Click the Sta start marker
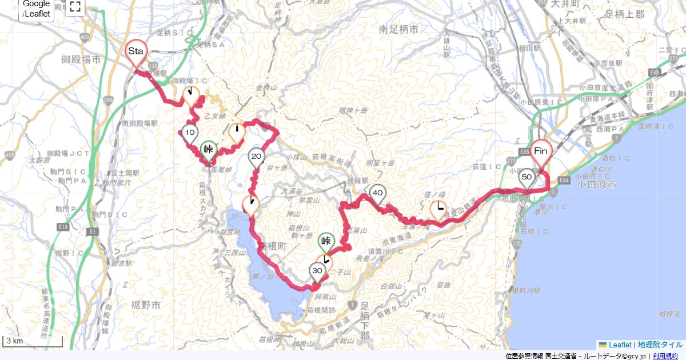pos(135,52)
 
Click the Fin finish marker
pos(541,152)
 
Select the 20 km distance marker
pos(256,157)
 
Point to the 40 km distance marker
pos(377,194)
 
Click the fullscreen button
pos(75,7)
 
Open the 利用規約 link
pos(665,356)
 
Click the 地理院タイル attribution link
pos(660,345)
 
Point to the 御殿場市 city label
pos(81,58)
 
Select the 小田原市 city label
pos(597,185)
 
